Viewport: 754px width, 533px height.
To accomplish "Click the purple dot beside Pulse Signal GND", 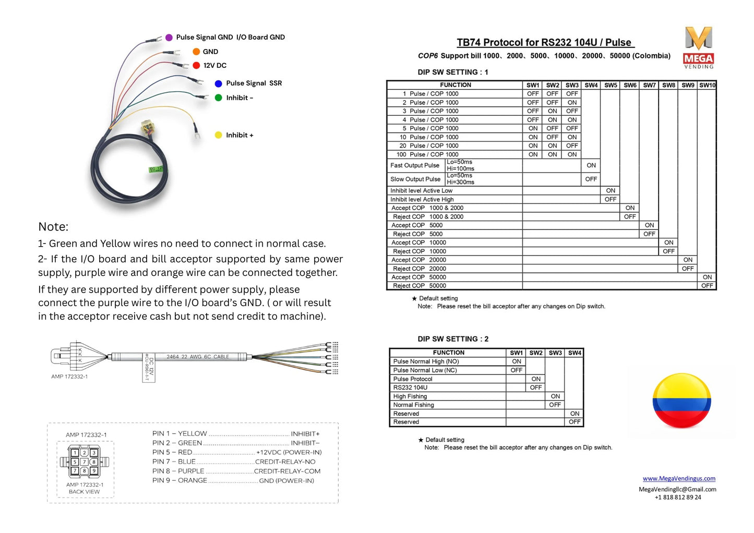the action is (169, 37).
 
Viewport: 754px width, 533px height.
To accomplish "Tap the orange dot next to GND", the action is (196, 52).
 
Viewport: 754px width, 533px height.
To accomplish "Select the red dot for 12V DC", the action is (196, 65).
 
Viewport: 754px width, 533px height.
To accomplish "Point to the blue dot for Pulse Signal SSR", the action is (219, 83).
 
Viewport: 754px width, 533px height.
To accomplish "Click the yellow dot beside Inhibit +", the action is (219, 135).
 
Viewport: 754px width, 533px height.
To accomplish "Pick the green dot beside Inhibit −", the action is (219, 98).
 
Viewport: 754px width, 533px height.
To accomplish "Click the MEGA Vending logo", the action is (699, 47).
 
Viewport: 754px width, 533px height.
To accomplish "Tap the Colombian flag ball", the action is (681, 401).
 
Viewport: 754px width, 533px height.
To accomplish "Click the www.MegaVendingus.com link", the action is (679, 478).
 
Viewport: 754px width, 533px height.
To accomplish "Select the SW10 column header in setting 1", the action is (707, 85).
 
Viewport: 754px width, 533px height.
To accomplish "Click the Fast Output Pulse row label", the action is (415, 165).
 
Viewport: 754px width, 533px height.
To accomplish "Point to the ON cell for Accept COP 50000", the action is (707, 277).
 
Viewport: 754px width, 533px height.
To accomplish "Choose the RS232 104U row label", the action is (410, 387).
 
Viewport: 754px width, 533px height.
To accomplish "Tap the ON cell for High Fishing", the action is (555, 396).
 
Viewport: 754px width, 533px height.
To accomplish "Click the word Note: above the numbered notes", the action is (53, 227).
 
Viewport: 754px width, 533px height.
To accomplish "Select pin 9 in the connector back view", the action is (94, 470).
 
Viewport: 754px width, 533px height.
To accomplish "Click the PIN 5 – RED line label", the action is (172, 452).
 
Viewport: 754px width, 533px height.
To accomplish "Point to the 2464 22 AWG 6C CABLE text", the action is (198, 357).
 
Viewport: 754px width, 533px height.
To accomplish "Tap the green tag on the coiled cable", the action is (156, 169).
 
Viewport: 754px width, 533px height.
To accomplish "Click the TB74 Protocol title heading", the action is (545, 42).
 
